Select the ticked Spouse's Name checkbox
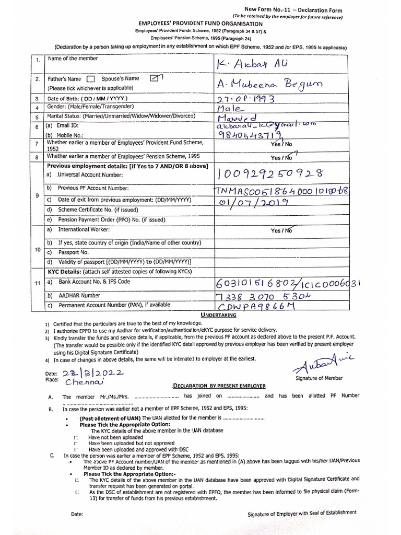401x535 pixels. point(156,78)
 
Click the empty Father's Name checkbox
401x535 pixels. point(91,79)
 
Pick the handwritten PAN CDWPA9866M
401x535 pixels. point(255,307)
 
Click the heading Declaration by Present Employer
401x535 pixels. point(219,386)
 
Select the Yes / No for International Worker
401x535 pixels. point(281,230)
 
